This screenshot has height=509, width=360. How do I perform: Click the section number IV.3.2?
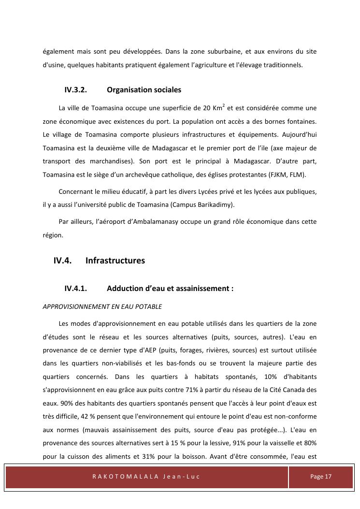[x=75, y=90]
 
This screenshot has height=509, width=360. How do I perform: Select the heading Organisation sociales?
[x=144, y=90]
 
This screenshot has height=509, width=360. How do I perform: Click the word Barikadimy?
[x=216, y=204]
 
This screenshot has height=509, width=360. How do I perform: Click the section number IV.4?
[x=63, y=261]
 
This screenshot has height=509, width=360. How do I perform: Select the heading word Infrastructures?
[x=115, y=261]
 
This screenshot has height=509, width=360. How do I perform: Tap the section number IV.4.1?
[x=75, y=289]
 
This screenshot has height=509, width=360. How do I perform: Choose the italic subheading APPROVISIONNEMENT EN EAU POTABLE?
[x=102, y=306]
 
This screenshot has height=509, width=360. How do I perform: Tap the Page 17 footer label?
[x=321, y=477]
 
